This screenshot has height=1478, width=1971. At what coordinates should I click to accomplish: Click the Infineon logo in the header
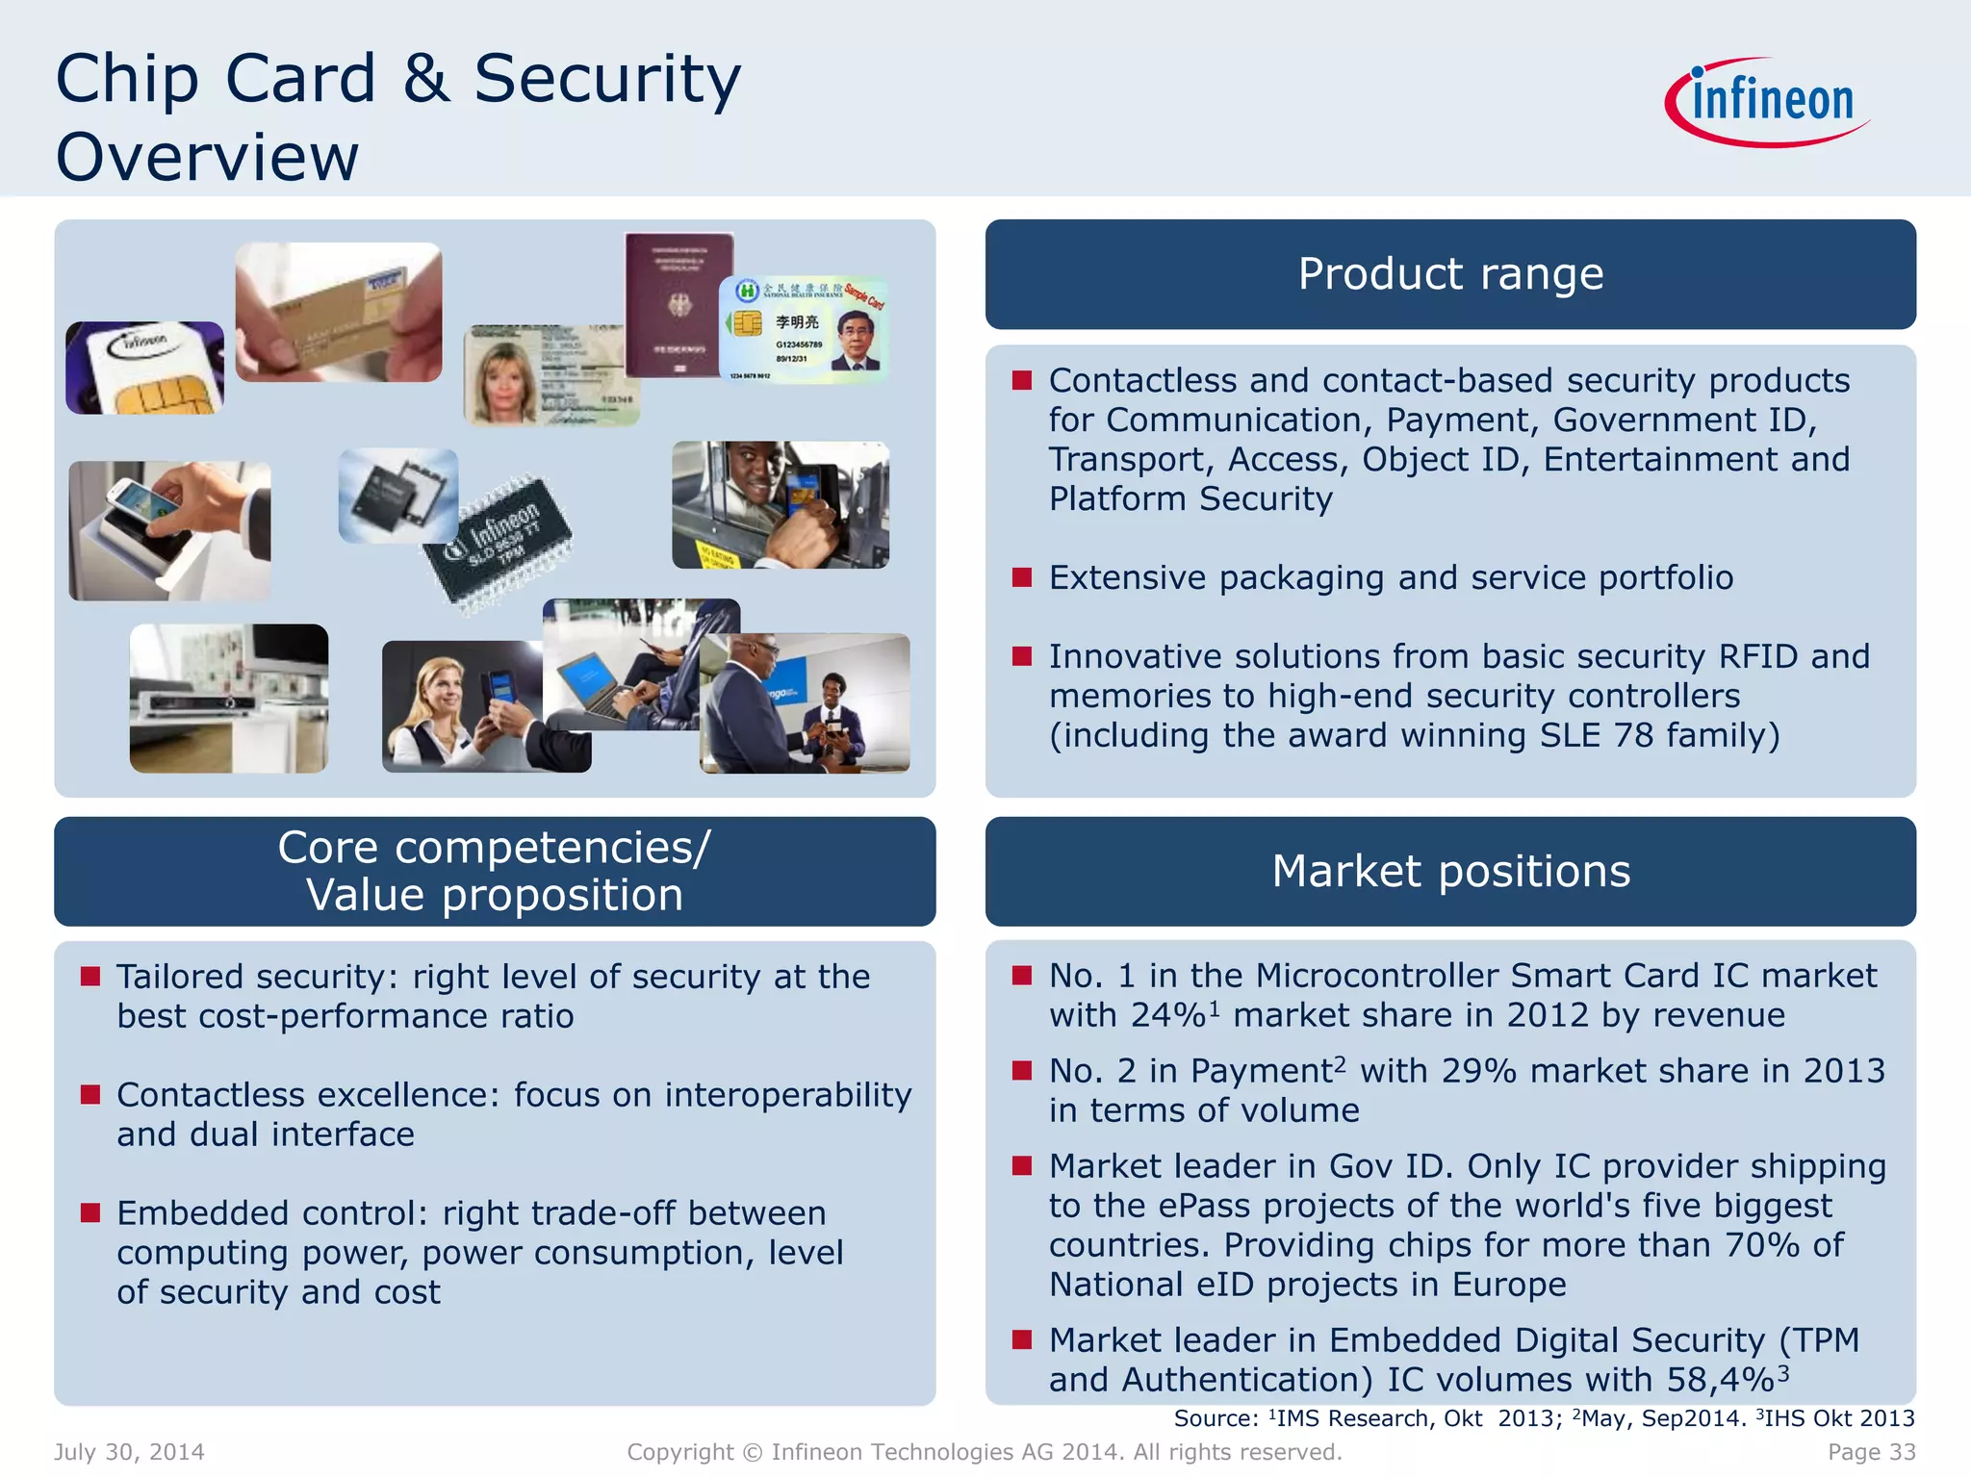click(1767, 102)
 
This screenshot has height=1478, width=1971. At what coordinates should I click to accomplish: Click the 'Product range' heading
click(1450, 274)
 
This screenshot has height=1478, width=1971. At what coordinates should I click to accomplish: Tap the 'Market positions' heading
click(1450, 872)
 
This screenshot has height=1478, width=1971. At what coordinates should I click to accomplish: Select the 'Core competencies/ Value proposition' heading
click(495, 872)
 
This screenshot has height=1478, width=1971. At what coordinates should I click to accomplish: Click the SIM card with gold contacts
click(144, 369)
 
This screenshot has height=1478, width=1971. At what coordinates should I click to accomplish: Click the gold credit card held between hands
click(339, 312)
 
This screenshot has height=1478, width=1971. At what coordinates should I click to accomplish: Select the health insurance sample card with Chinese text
click(804, 330)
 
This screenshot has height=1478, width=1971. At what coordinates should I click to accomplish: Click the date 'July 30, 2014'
click(129, 1452)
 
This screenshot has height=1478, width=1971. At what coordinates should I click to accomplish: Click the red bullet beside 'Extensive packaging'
click(1022, 577)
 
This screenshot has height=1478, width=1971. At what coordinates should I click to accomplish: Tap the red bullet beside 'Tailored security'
click(90, 977)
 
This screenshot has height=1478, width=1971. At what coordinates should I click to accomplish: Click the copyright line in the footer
click(985, 1452)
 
